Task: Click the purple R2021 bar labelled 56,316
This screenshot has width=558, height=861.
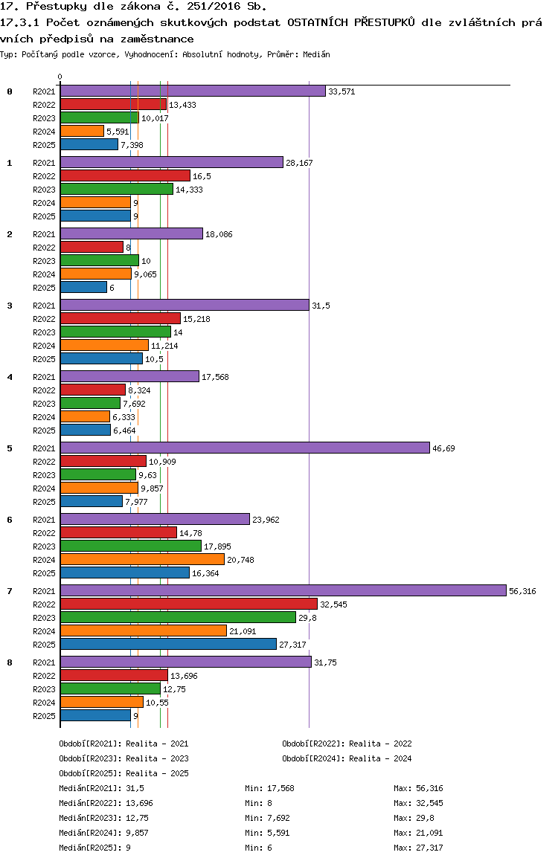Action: [283, 590]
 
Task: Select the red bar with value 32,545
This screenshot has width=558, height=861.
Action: [189, 604]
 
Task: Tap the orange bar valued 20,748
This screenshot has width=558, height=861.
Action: [142, 559]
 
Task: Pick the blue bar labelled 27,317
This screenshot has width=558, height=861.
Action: [169, 644]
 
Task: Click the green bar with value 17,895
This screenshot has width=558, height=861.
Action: [131, 546]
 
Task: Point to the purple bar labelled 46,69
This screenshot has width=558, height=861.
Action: [245, 448]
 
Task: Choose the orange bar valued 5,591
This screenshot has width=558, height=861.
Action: [83, 131]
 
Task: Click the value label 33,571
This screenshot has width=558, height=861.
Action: [341, 91]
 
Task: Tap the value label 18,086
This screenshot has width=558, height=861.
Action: [219, 234]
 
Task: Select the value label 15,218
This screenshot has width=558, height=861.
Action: [196, 319]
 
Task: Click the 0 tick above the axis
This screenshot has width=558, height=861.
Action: [60, 77]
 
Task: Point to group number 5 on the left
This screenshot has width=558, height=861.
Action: [10, 448]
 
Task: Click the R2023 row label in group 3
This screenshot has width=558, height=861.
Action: [44, 332]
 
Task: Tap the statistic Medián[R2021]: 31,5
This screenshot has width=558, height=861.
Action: [102, 788]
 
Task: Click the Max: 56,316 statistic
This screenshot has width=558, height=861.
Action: [418, 788]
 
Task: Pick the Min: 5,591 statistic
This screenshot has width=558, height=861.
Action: [267, 833]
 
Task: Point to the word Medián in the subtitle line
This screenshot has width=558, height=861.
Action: [316, 54]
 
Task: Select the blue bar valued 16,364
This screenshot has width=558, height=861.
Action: [125, 573]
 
